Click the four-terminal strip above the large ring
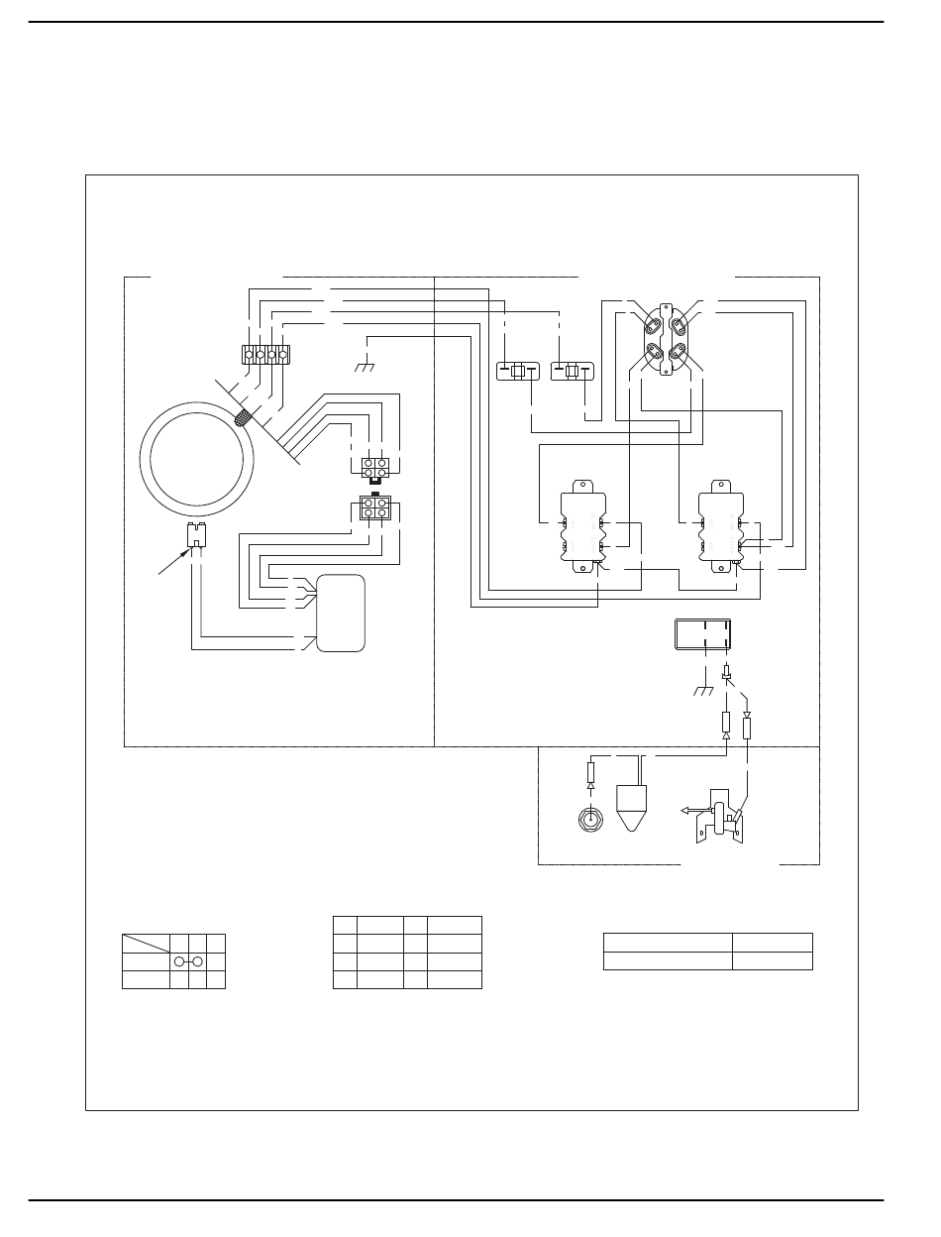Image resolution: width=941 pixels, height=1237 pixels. [x=265, y=353]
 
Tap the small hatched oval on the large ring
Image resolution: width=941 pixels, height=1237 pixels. [x=241, y=418]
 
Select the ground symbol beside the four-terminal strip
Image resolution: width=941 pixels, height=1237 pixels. [x=366, y=367]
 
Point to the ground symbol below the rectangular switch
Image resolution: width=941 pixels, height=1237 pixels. [x=703, y=691]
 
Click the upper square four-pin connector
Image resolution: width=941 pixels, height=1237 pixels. [x=374, y=467]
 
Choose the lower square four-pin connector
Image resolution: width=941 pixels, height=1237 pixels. [x=374, y=509]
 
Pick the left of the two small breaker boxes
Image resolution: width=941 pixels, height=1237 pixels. [x=516, y=372]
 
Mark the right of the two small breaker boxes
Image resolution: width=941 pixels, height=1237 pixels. [x=571, y=372]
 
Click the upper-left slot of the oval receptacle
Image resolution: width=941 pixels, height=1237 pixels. [x=653, y=325]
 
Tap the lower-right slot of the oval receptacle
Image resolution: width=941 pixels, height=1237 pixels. [x=680, y=352]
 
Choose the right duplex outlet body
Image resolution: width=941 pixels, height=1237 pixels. [x=718, y=529]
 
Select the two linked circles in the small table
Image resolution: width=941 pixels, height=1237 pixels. [x=188, y=961]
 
